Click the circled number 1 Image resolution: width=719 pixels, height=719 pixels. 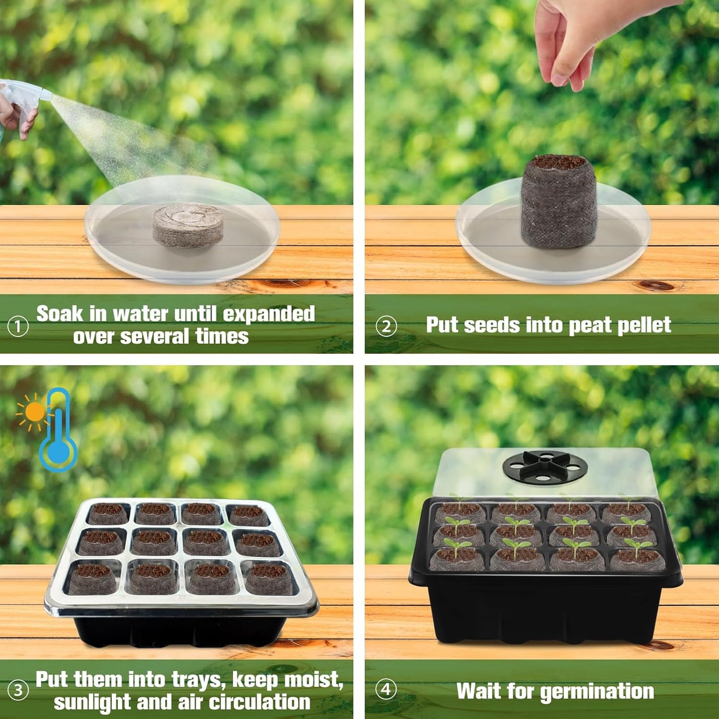[x=18, y=327]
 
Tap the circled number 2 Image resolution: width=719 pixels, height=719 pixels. [x=386, y=327]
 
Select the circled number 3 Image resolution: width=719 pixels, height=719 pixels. [x=18, y=691]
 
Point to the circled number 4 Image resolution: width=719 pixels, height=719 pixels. [x=386, y=690]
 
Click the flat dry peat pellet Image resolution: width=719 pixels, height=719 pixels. [x=188, y=225]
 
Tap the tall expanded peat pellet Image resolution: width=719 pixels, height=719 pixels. [x=558, y=202]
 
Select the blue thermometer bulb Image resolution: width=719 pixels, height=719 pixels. [x=58, y=452]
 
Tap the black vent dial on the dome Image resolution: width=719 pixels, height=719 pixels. [x=545, y=467]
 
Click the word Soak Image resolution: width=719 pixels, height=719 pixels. [x=60, y=314]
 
